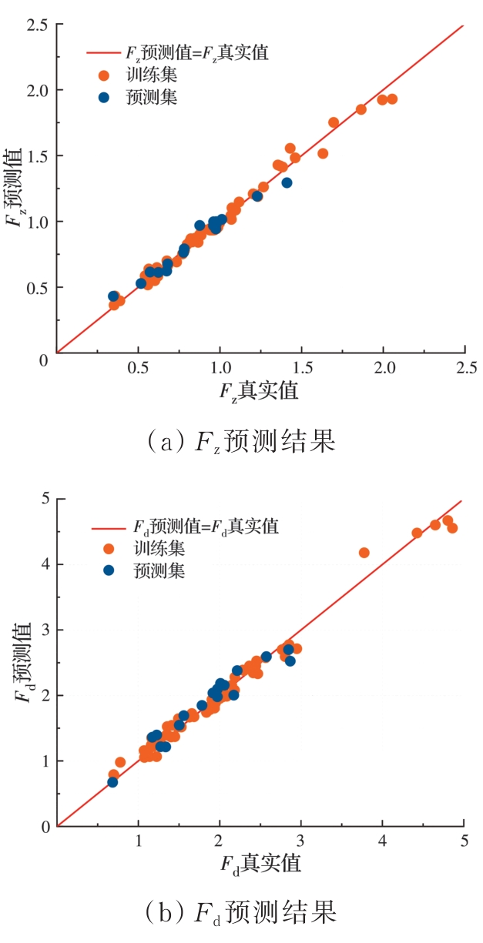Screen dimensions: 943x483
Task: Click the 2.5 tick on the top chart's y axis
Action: pos(38,25)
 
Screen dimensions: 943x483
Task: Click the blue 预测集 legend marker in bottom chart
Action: pos(109,570)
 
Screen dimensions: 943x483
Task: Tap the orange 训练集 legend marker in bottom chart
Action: pos(109,549)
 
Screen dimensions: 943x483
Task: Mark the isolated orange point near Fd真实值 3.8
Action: pos(364,553)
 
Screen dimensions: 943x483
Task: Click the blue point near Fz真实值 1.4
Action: pos(287,182)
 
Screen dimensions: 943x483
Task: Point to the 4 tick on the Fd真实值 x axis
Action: pos(383,842)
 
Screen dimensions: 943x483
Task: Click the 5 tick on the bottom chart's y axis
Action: pos(45,498)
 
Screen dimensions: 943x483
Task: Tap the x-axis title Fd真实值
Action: pos(260,864)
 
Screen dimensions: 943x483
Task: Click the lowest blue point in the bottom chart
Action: pos(112,782)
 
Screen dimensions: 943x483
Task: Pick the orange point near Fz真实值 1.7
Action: pos(334,122)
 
